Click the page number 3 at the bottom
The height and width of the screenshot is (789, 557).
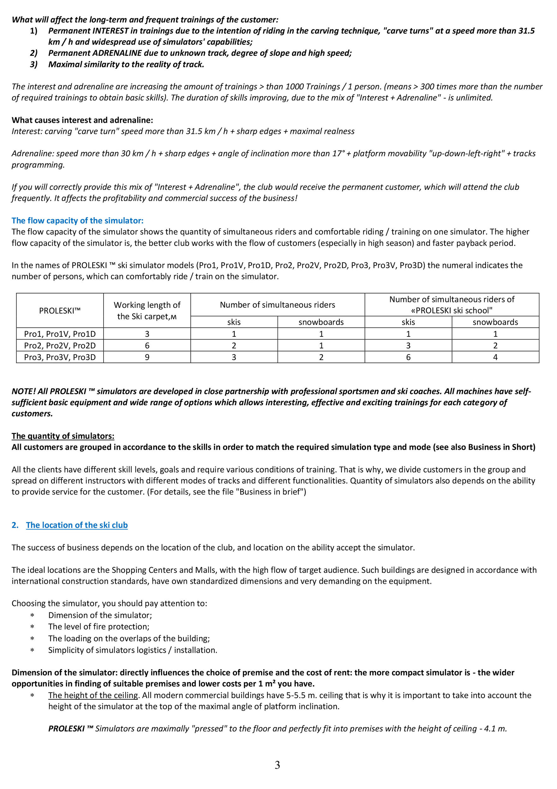click(278, 765)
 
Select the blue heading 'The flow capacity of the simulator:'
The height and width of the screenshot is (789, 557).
click(77, 221)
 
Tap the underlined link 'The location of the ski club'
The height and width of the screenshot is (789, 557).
click(77, 525)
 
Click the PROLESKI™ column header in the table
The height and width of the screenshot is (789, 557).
click(59, 311)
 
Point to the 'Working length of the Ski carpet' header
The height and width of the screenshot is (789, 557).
click(147, 311)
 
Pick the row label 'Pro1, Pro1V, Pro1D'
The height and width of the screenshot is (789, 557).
click(60, 334)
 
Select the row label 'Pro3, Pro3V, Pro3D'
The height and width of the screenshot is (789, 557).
click(60, 357)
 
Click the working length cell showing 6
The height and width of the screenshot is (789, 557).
click(147, 346)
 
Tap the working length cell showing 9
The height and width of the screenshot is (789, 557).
click(147, 357)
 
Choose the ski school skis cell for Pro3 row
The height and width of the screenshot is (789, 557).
click(408, 357)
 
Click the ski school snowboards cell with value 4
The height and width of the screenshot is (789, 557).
click(495, 357)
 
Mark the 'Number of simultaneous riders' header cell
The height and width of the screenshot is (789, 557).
click(278, 305)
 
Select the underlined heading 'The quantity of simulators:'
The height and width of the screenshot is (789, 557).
click(63, 436)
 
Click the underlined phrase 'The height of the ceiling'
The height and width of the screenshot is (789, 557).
click(93, 695)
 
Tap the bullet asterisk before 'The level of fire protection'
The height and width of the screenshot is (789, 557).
click(32, 627)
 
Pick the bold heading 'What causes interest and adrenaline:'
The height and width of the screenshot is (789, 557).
click(82, 120)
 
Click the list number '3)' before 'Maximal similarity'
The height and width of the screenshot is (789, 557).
click(34, 65)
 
